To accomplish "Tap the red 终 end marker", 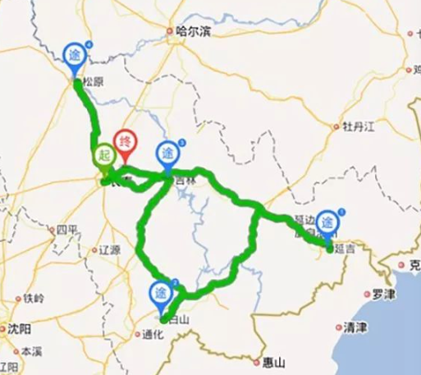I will click(126, 142).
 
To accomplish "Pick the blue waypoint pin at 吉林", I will click(167, 153).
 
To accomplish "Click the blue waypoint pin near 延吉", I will click(328, 222).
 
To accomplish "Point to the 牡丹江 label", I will click(358, 126).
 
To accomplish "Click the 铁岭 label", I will click(33, 298).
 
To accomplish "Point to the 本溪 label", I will click(31, 350).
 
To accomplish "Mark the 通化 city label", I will click(153, 334).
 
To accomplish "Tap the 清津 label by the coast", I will click(355, 327).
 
